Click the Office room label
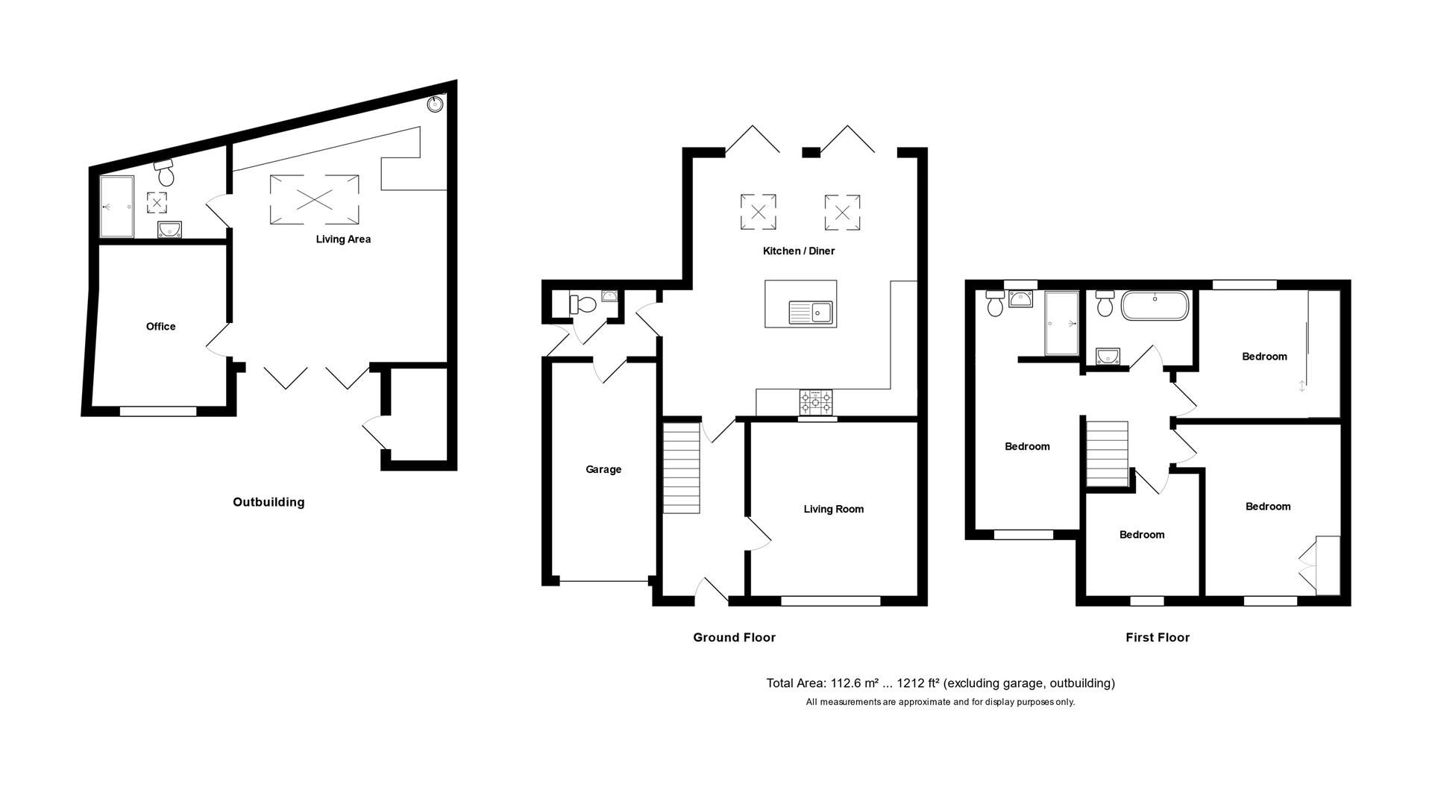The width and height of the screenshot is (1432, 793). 160,326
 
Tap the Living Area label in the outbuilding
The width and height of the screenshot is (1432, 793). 343,239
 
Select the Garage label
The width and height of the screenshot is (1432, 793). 603,469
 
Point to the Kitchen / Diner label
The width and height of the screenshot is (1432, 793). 798,251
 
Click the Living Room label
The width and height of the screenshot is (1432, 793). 833,509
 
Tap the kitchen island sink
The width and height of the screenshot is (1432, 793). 810,310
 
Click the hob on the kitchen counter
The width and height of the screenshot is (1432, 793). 816,403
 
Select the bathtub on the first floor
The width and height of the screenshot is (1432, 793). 1155,306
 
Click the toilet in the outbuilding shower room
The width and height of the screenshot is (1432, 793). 166,173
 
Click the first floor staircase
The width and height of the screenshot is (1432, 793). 1108,453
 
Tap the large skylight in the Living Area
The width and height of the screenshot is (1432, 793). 313,199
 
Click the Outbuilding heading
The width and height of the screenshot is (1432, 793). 268,502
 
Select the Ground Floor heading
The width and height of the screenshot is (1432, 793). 734,637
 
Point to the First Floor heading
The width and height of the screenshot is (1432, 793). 1157,637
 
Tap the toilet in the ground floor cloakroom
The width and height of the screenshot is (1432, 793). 582,304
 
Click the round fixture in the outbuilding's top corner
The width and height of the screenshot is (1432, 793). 434,104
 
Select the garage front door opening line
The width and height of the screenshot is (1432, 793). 604,581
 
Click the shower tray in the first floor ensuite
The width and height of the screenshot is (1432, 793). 1061,323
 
